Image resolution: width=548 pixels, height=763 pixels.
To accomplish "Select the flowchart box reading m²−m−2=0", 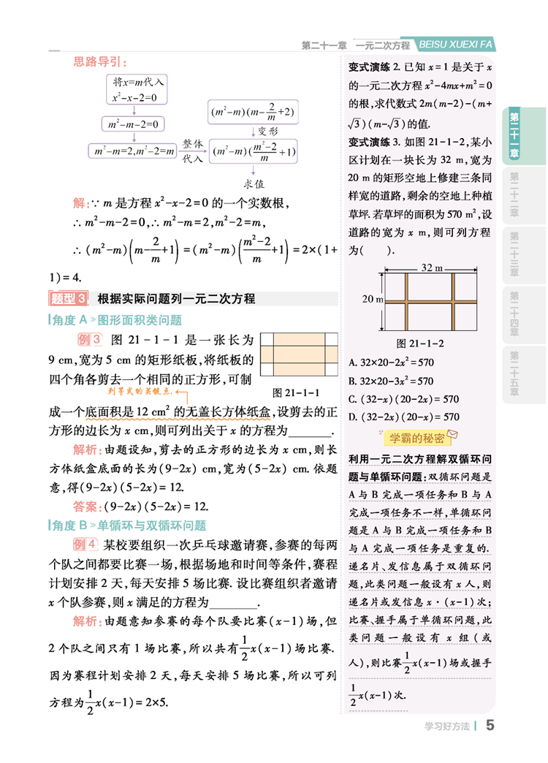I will (x=132, y=123).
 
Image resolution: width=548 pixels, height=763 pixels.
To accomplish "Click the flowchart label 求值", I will (x=254, y=183).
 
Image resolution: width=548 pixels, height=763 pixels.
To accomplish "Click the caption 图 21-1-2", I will (x=420, y=342).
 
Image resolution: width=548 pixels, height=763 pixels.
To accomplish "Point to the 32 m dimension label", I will (x=434, y=267).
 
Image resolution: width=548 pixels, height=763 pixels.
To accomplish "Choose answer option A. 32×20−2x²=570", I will (x=392, y=362).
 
